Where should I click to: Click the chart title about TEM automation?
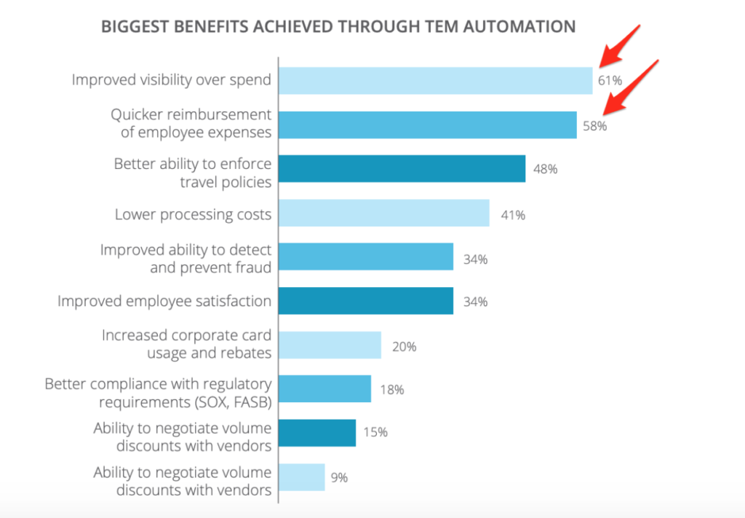[x=338, y=27]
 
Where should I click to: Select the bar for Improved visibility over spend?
[x=435, y=80]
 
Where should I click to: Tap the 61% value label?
[x=610, y=80]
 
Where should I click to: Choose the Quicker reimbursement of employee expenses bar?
[x=427, y=125]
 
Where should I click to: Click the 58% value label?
[x=594, y=125]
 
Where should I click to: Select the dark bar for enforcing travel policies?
[x=402, y=168]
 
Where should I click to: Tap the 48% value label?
[x=545, y=169]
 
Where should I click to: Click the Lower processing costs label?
[x=193, y=214]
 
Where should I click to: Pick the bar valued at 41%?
[x=383, y=213]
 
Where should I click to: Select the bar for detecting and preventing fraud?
[x=365, y=257]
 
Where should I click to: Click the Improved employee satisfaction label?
[x=164, y=301]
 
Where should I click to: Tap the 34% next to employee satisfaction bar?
[x=475, y=302]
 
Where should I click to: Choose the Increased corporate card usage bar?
[x=330, y=345]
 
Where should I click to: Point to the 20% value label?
[x=404, y=347]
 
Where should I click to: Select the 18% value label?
[x=391, y=390]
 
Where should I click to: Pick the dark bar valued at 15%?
[x=317, y=433]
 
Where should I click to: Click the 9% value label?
[x=339, y=478]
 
